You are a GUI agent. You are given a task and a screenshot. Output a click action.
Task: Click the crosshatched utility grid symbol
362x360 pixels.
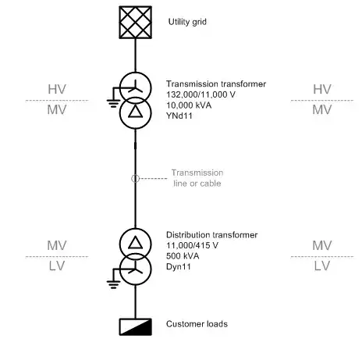click(x=135, y=23)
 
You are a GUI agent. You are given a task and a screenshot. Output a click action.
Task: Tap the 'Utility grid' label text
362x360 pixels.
click(x=187, y=22)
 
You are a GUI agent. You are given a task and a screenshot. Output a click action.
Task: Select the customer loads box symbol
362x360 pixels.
click(x=135, y=326)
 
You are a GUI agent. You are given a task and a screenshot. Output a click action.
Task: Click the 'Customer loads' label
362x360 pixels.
click(x=197, y=324)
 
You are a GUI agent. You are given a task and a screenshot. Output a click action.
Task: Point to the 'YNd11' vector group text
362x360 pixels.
click(x=179, y=116)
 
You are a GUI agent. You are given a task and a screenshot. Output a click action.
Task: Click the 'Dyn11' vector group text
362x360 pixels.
click(x=179, y=266)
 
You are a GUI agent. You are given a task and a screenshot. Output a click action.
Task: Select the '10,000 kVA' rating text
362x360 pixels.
click(x=189, y=105)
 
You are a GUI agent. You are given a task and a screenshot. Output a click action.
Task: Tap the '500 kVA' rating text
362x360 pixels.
click(x=183, y=256)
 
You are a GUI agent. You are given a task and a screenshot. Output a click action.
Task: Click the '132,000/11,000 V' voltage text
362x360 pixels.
click(x=201, y=94)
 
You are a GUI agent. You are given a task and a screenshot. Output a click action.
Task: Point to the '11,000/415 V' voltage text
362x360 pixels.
click(x=192, y=245)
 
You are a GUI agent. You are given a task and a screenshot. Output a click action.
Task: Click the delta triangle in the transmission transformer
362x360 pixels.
click(x=135, y=112)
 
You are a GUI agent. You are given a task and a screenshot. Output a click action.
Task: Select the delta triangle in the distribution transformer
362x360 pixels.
click(x=135, y=243)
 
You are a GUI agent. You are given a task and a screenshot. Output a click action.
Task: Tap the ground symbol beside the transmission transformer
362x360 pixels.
click(x=113, y=103)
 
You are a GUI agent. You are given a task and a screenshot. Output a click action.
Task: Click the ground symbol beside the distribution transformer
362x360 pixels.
click(x=113, y=285)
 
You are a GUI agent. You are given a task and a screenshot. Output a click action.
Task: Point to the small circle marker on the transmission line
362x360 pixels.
click(x=135, y=179)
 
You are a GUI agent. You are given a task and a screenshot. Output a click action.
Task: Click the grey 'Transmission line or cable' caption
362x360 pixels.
click(x=197, y=178)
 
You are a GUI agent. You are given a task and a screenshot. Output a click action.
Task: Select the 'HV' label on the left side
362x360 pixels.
click(x=57, y=89)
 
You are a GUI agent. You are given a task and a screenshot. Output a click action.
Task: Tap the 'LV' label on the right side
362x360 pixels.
click(x=322, y=266)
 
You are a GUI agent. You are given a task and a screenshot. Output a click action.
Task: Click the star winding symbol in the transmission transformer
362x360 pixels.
click(x=136, y=87)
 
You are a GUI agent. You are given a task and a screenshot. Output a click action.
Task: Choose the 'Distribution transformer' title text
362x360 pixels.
click(x=211, y=235)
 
